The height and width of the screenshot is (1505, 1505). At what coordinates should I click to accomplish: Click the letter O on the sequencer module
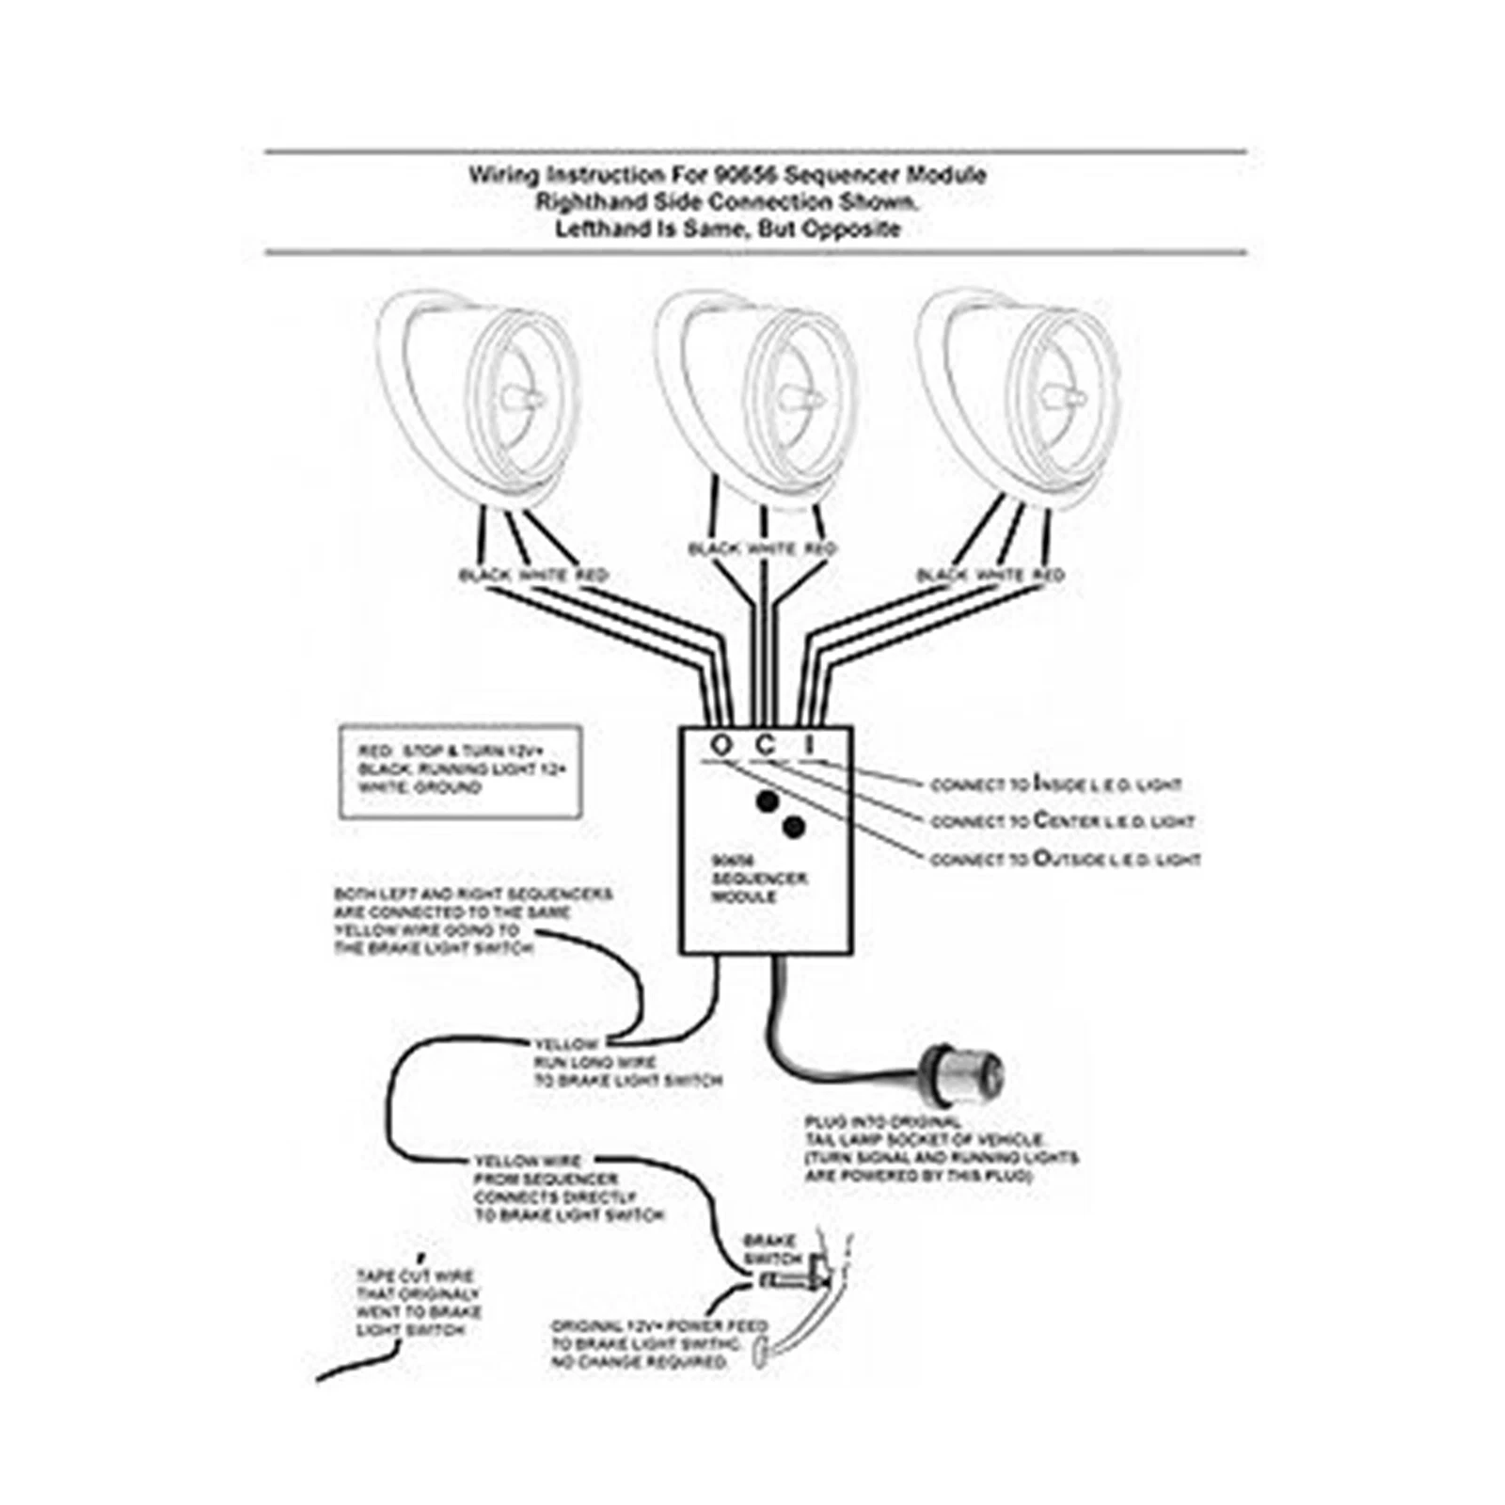click(x=721, y=745)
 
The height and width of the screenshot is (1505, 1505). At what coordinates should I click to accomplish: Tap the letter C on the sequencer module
click(x=767, y=745)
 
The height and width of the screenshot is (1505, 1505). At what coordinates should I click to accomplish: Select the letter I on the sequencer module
click(x=809, y=745)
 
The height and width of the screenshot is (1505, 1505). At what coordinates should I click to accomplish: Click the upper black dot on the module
click(x=768, y=801)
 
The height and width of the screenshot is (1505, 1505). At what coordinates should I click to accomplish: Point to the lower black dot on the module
click(x=794, y=828)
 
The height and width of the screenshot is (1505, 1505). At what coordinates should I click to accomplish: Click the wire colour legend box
click(x=460, y=771)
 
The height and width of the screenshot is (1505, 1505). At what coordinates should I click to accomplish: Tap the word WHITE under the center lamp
click(x=772, y=549)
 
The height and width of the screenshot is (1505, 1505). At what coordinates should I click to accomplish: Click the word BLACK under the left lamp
click(x=484, y=576)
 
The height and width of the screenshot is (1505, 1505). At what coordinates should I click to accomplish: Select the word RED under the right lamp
click(x=1048, y=575)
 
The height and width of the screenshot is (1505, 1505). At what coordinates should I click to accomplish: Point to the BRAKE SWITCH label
click(x=771, y=1249)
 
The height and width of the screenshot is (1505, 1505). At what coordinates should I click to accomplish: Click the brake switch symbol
click(x=800, y=1279)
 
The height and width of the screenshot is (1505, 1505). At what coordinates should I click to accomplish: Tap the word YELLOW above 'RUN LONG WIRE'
click(x=566, y=1044)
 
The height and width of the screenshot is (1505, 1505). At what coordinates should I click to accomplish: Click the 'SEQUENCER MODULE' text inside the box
click(x=758, y=887)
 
